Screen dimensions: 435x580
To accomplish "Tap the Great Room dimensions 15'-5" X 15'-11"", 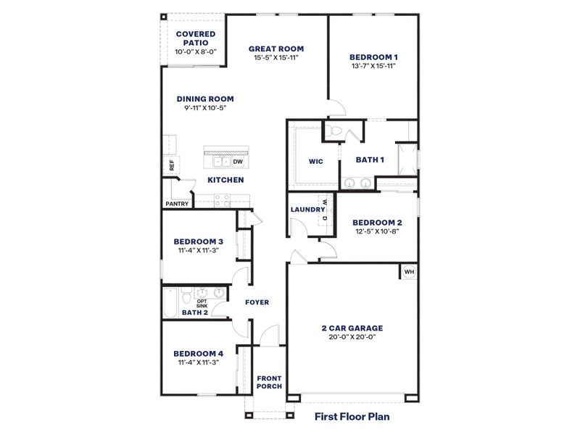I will tap(276, 57).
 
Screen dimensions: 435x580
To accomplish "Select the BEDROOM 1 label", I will tap(373, 57).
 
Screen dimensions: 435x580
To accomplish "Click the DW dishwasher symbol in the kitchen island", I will tap(238, 161).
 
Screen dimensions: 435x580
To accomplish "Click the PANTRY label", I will tap(177, 204).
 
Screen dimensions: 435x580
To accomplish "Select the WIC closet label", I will tap(315, 161).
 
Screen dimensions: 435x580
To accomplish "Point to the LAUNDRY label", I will tap(307, 210).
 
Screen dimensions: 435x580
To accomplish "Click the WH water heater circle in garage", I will tap(408, 272).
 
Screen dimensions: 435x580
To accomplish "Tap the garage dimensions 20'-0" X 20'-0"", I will tap(352, 336).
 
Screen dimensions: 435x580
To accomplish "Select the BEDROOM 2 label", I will tap(376, 223).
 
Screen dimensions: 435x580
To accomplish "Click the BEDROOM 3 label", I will tap(198, 241).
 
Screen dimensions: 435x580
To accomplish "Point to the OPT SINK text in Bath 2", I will tap(202, 304).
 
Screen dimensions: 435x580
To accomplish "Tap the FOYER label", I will tap(257, 302).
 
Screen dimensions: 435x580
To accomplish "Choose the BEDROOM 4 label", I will tap(198, 354).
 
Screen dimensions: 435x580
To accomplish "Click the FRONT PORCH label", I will tap(269, 382).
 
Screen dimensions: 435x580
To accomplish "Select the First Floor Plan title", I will tap(352, 416).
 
